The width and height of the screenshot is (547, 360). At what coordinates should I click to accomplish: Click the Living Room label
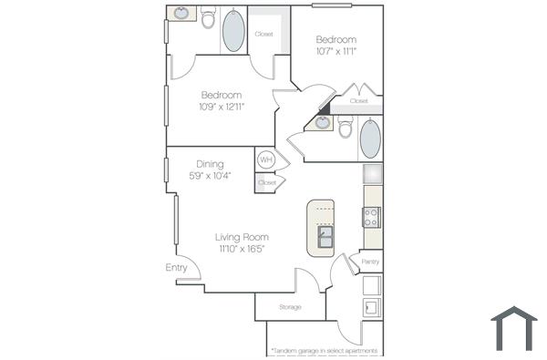pyautogui.click(x=242, y=237)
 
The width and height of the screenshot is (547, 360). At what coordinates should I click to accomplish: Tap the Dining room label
pyautogui.click(x=210, y=165)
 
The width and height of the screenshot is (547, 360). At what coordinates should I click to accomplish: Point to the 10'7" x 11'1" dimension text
pyautogui.click(x=336, y=51)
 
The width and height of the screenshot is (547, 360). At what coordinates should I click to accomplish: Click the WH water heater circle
pyautogui.click(x=266, y=159)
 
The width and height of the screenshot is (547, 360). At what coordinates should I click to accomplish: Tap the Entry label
pyautogui.click(x=177, y=268)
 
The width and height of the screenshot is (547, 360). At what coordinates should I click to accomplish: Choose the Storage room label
pyautogui.click(x=290, y=307)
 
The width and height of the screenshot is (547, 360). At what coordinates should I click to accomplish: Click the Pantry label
pyautogui.click(x=370, y=262)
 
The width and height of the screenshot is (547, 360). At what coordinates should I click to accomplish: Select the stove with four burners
pyautogui.click(x=372, y=217)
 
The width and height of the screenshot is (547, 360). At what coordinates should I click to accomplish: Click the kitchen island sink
pyautogui.click(x=325, y=238)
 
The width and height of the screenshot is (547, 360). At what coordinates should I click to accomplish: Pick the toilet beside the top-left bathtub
pyautogui.click(x=208, y=18)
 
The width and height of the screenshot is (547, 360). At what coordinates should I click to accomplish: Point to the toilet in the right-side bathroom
pyautogui.click(x=346, y=129)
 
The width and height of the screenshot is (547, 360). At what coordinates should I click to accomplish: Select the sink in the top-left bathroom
pyautogui.click(x=181, y=13)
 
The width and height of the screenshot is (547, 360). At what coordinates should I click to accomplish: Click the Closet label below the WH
pyautogui.click(x=267, y=183)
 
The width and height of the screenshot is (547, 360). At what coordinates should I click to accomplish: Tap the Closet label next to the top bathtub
pyautogui.click(x=264, y=35)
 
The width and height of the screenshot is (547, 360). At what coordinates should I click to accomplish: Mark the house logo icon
pyautogui.click(x=514, y=328)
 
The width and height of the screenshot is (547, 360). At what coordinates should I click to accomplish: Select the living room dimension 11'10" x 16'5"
pyautogui.click(x=242, y=249)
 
